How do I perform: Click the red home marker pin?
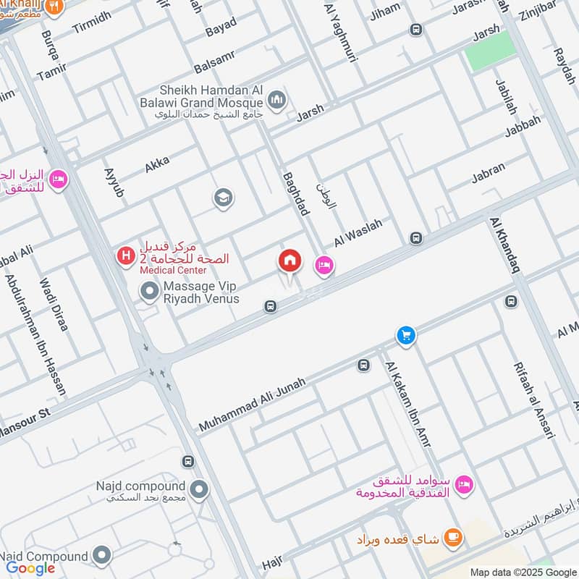click(289, 261)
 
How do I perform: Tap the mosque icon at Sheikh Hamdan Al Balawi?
click(276, 100)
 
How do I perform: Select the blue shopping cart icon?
click(406, 335)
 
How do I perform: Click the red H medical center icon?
click(127, 255)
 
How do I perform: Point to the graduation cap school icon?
click(223, 198)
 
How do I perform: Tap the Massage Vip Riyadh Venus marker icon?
click(150, 291)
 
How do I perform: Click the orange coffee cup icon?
click(454, 537)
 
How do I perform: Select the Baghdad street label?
click(296, 193)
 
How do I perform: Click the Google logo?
click(30, 568)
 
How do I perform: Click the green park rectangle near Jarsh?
click(491, 51)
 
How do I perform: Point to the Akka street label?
click(156, 164)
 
